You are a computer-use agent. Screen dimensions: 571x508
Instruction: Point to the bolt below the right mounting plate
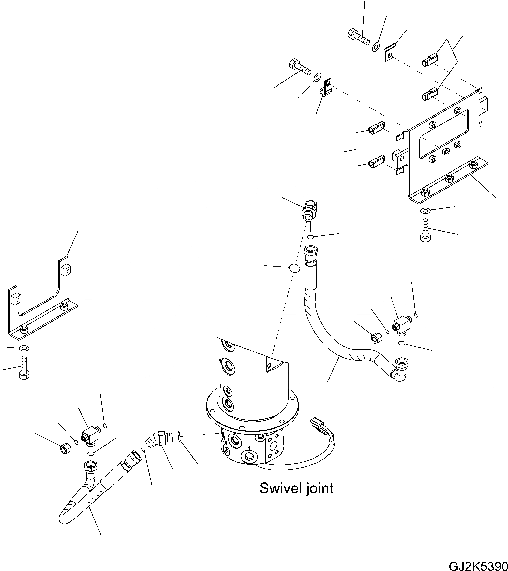pyautogui.click(x=425, y=231)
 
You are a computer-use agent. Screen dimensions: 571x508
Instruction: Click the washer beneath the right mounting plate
pyautogui.click(x=425, y=210)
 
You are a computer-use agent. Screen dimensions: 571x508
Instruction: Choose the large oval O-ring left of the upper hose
pyautogui.click(x=294, y=268)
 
